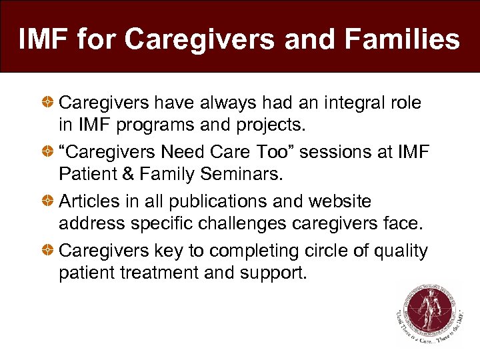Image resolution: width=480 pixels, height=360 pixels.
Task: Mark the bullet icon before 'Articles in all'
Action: [x=49, y=201]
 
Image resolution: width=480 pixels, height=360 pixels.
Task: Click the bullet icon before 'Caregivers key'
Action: [x=49, y=251]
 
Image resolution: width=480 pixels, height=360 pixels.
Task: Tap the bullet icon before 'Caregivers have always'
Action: [x=49, y=103]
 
